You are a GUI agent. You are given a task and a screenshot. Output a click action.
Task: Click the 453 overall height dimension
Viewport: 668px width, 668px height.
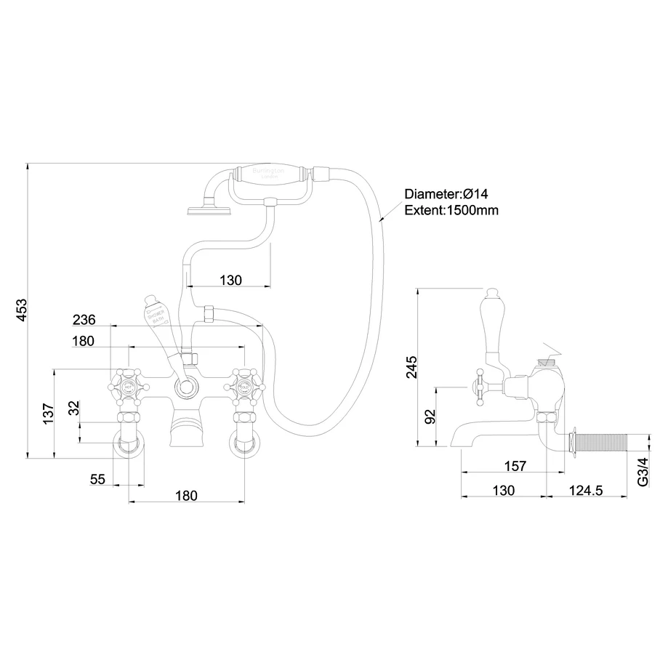tap(20, 312)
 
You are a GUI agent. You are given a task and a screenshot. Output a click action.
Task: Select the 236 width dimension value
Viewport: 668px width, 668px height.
tap(84, 320)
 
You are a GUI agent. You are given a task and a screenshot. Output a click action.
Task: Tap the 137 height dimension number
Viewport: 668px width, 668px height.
tap(49, 414)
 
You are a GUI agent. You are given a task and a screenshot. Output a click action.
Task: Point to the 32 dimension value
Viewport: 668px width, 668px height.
tap(73, 409)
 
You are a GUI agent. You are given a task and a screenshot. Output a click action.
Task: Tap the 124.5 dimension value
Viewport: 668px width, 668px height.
tap(587, 491)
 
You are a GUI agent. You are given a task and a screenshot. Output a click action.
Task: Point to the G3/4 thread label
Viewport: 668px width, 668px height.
tap(642, 472)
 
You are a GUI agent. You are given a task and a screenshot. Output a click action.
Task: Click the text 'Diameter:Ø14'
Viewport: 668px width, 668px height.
tap(445, 195)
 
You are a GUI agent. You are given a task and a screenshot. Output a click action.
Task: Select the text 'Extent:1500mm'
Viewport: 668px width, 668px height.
tap(451, 210)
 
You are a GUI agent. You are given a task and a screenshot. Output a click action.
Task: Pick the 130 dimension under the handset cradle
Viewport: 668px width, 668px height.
tap(230, 280)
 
